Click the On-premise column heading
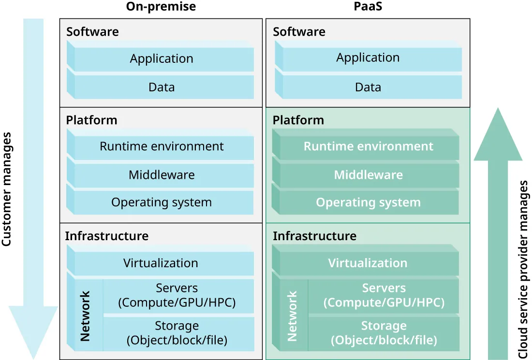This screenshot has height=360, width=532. pos(161,6)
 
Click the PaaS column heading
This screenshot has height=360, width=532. pos(368,6)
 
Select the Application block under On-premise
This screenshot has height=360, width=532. pos(162,59)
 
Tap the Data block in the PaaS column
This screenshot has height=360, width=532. pos(368,87)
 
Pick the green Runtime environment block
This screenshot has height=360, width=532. pos(368,146)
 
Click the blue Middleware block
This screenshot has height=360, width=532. pos(162,175)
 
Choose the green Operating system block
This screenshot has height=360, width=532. pos(368,202)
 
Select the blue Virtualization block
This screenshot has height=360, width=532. pos(161,263)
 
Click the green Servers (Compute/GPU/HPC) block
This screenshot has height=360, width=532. pos(384,296)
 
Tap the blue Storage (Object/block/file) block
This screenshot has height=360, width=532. pos(177,333)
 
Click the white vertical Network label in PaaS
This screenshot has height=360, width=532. pos(292,316)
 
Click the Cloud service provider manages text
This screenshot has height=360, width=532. pos(523,270)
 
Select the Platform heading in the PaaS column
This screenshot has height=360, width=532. pos(298,120)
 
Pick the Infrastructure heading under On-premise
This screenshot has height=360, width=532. pos(106,236)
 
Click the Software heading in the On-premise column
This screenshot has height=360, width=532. pos(92,32)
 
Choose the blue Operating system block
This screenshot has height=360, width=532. pos(162,202)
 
